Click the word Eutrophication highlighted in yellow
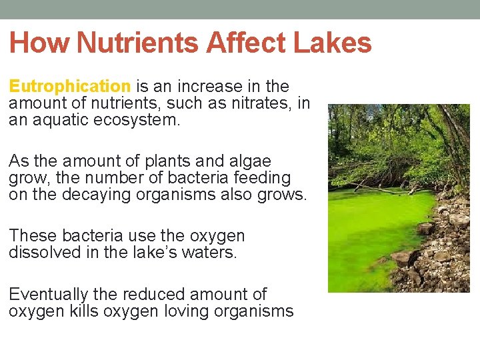point(70,87)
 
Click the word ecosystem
point(141,120)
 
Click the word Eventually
point(49,294)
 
